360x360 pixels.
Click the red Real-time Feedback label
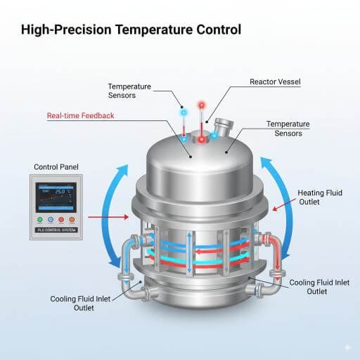[x=80, y=115]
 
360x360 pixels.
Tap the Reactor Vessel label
[x=275, y=82]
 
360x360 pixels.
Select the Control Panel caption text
[x=57, y=167]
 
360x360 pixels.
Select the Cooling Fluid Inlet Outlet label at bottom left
[x=79, y=303]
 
